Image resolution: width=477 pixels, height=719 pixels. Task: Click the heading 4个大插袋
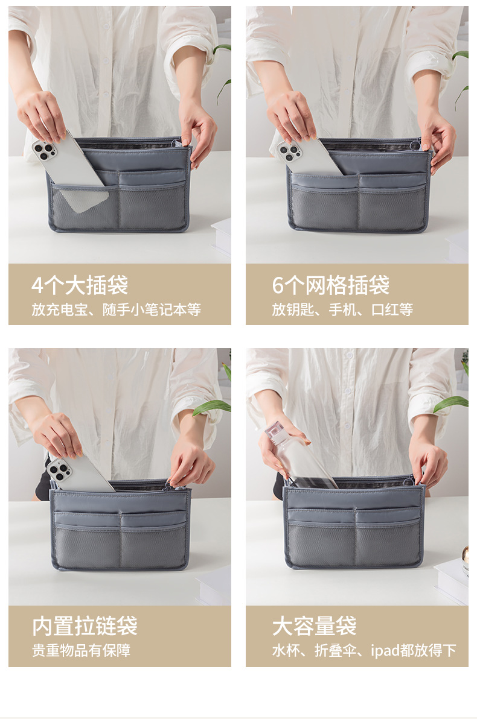[80, 285]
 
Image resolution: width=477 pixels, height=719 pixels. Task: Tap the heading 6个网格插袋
[330, 285]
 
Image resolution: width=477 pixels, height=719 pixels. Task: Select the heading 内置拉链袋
[85, 626]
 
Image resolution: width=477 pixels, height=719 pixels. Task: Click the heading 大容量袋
[314, 626]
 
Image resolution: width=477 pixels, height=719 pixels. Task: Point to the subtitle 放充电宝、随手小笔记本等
[116, 310]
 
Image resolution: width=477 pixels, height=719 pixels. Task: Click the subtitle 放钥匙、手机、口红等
[342, 310]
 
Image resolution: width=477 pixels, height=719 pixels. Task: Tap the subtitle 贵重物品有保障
[81, 650]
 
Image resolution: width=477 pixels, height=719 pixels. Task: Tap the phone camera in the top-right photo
[289, 151]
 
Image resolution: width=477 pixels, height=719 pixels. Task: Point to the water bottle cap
[276, 430]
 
